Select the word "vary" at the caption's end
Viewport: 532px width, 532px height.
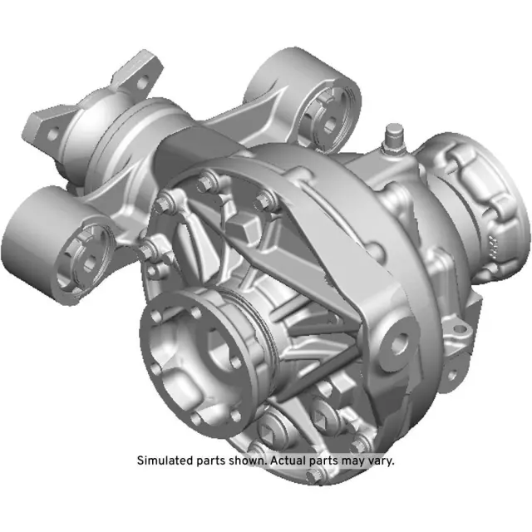point(380,461)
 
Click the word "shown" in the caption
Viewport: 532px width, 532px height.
point(243,461)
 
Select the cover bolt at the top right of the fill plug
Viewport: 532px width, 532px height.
point(265,197)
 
